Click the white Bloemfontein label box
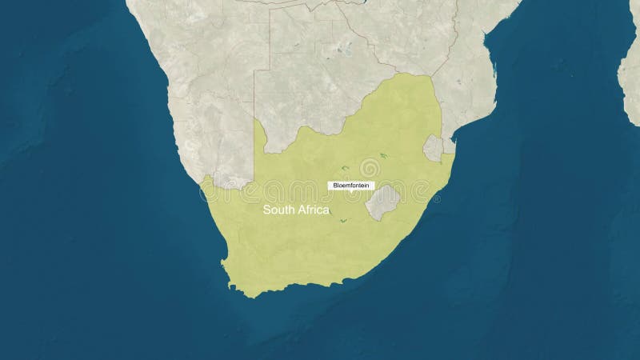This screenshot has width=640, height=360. (351, 186)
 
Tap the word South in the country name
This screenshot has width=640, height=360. (278, 210)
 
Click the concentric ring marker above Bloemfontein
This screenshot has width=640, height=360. (370, 168)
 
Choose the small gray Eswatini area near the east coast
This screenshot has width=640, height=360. (433, 147)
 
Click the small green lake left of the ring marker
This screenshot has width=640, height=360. (345, 168)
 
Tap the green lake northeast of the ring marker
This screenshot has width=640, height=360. (383, 155)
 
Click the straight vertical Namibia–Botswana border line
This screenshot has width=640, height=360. (255, 96)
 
